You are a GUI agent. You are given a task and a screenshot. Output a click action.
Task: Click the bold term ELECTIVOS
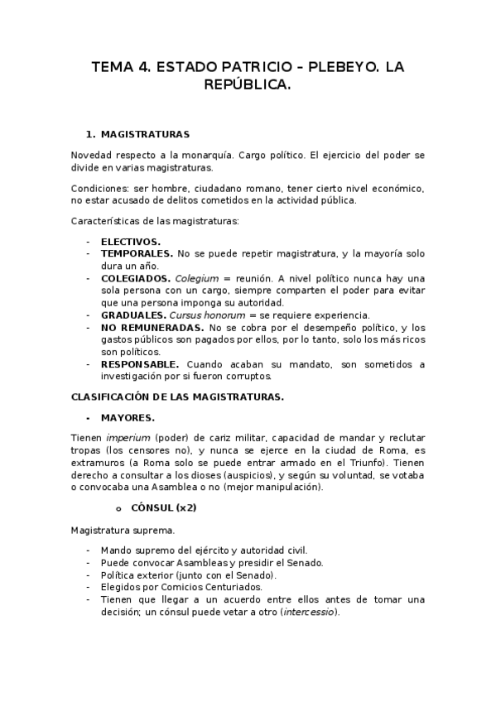click(131, 241)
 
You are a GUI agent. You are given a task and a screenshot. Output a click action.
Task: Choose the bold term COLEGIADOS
click(136, 278)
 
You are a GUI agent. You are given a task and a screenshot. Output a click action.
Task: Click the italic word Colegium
click(198, 278)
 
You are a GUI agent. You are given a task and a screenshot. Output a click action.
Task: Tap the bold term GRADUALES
click(133, 315)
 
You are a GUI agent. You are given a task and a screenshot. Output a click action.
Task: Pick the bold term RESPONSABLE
click(140, 364)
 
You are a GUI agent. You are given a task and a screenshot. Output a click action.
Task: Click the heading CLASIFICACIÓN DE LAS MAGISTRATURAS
click(177, 397)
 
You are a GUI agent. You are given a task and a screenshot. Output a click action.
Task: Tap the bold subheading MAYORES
click(128, 417)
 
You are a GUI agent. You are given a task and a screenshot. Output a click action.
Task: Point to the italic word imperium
click(126, 437)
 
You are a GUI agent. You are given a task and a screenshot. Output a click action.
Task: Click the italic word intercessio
click(310, 612)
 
